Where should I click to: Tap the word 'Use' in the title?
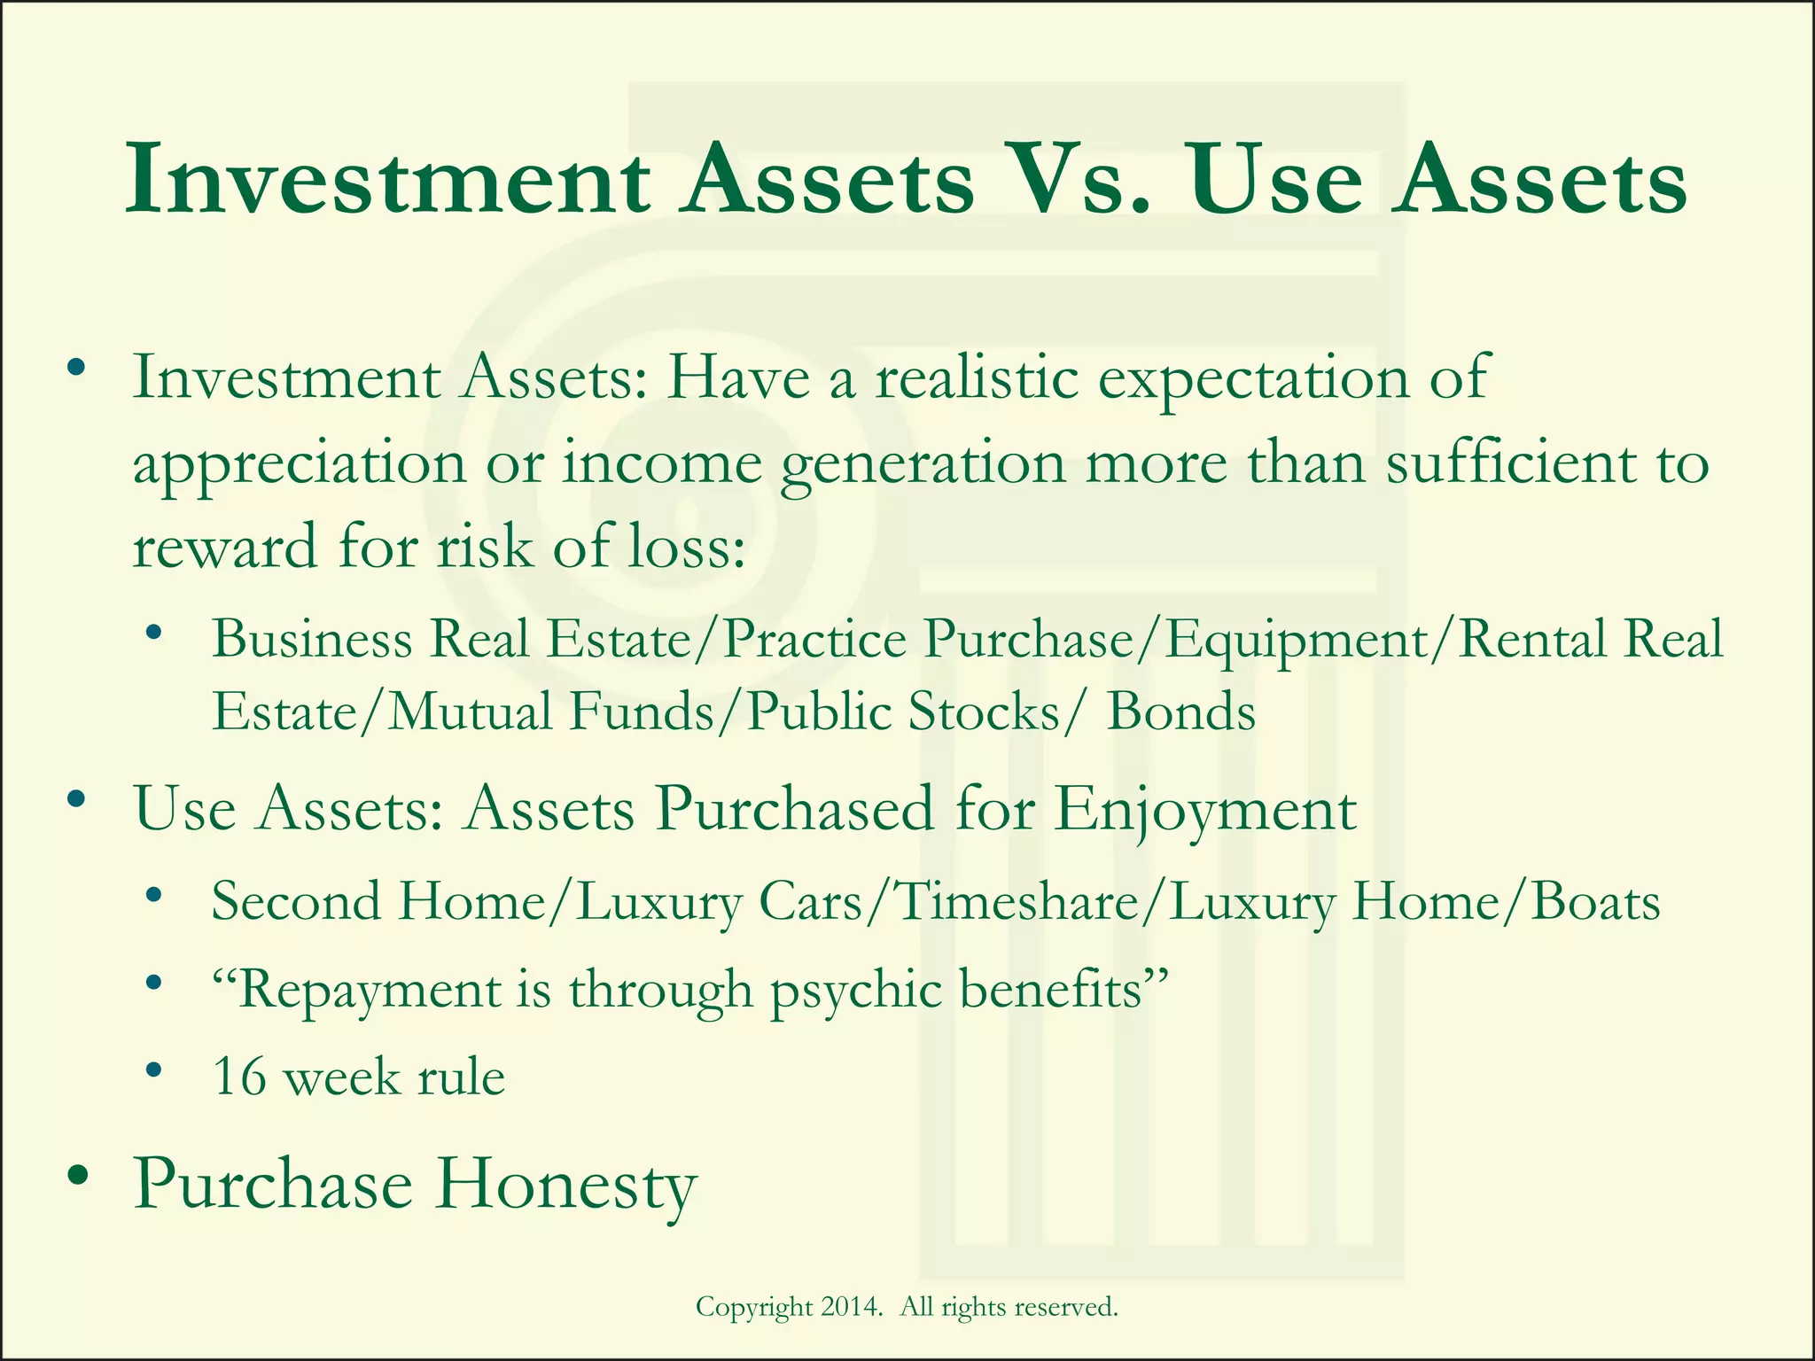1274,182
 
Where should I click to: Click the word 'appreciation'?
299,463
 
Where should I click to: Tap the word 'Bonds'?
1181,712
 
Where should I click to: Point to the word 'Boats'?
1595,902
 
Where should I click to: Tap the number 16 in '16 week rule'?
239,1077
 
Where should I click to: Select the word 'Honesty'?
565,1186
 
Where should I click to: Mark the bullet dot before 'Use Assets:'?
78,800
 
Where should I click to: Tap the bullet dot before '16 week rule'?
154,1070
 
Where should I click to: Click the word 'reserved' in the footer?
1064,1306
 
